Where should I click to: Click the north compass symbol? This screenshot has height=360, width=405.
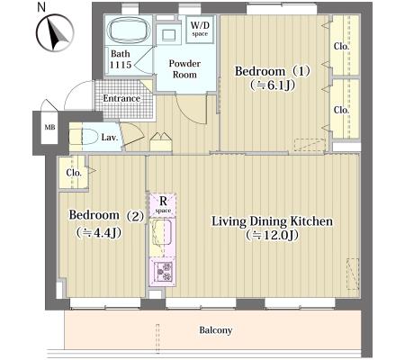pyautogui.click(x=55, y=32)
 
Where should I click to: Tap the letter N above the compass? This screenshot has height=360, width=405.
pyautogui.click(x=41, y=6)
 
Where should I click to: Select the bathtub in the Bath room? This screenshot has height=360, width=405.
pyautogui.click(x=129, y=30)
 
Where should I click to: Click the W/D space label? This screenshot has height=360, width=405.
pyautogui.click(x=200, y=29)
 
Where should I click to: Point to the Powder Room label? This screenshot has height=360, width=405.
pyautogui.click(x=184, y=69)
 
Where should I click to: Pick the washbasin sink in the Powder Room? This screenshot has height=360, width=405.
pyautogui.click(x=168, y=35)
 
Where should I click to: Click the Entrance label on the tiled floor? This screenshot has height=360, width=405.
pyautogui.click(x=121, y=98)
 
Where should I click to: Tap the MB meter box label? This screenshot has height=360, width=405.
pyautogui.click(x=49, y=127)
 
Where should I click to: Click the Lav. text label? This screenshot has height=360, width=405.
pyautogui.click(x=110, y=138)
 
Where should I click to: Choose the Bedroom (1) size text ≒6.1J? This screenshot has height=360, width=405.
pyautogui.click(x=273, y=85)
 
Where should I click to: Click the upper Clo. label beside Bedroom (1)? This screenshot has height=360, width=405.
pyautogui.click(x=341, y=47)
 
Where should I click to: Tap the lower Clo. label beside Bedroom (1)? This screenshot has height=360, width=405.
pyautogui.click(x=341, y=110)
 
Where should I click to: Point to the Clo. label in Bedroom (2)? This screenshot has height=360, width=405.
pyautogui.click(x=74, y=173)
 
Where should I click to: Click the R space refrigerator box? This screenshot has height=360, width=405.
pyautogui.click(x=163, y=205)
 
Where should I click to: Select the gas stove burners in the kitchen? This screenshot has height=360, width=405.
pyautogui.click(x=162, y=272)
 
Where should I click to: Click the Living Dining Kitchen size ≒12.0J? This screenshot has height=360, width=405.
pyautogui.click(x=272, y=235)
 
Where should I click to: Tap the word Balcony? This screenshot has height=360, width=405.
pyautogui.click(x=216, y=330)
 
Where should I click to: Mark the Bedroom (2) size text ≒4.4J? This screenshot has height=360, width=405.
pyautogui.click(x=99, y=232)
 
